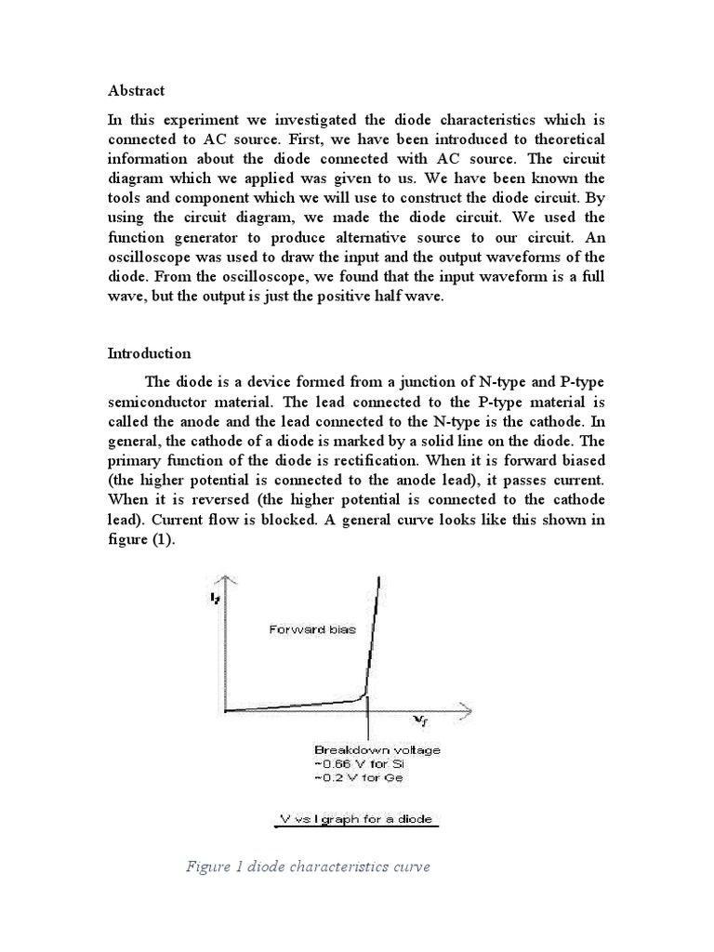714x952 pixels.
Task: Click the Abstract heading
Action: [x=136, y=90]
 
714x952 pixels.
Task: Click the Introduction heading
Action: [x=149, y=353]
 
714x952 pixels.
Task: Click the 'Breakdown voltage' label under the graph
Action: [x=364, y=749]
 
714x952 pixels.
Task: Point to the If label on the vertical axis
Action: [x=215, y=600]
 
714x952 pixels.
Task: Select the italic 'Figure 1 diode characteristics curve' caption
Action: [x=308, y=867]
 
